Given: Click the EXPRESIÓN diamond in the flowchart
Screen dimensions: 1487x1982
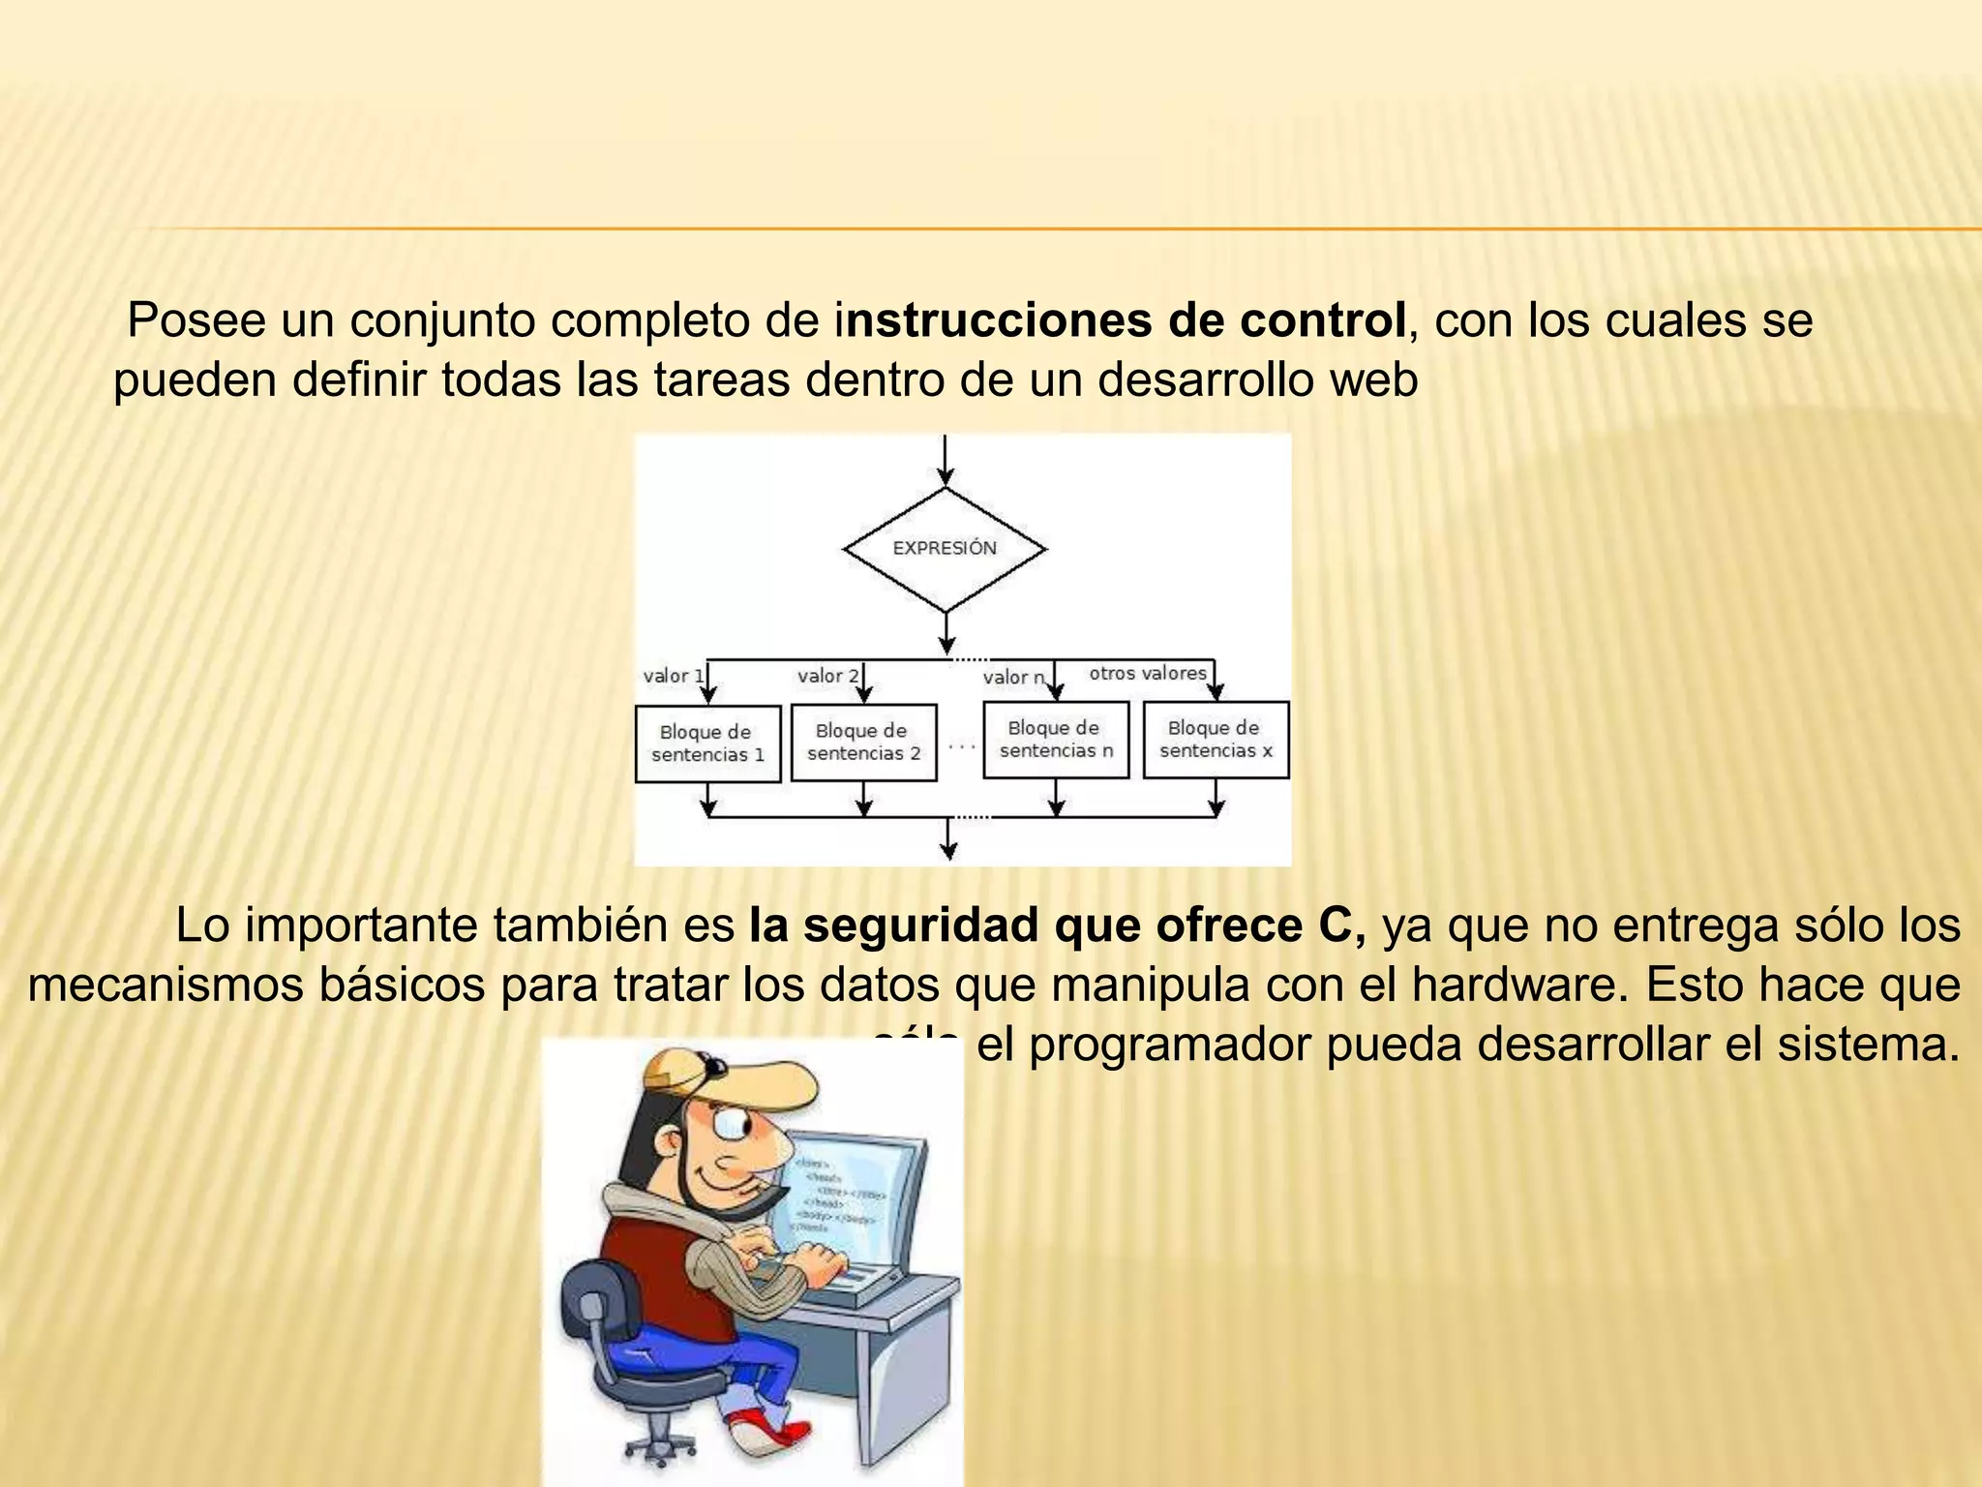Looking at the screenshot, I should click(x=945, y=549).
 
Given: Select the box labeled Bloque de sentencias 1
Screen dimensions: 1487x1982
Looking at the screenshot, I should click(x=707, y=743).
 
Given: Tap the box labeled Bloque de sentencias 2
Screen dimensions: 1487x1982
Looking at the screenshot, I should click(x=863, y=742).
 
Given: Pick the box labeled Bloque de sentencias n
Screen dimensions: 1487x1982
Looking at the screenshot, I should click(x=1056, y=740).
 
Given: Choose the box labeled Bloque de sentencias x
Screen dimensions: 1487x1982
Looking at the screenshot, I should click(x=1216, y=740).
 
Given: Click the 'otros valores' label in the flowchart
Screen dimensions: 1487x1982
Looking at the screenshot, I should click(x=1148, y=673).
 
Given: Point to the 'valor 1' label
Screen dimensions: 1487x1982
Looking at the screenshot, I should click(x=673, y=676).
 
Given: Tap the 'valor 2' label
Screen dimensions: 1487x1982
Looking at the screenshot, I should click(x=827, y=676).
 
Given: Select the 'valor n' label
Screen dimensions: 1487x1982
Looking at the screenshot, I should click(x=1013, y=678).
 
